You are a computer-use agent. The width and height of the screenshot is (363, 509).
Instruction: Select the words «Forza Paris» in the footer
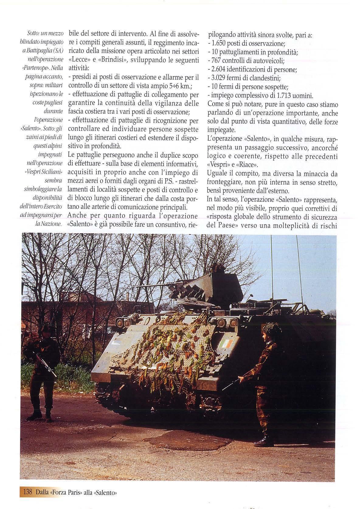pos(64,491)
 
